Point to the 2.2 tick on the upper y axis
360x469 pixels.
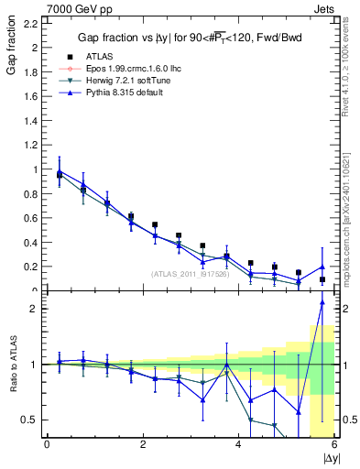pyautogui.click(x=29, y=22)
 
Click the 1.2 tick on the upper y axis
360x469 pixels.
pyautogui.click(x=29, y=145)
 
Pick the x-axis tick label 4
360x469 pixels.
pyautogui.click(x=238, y=445)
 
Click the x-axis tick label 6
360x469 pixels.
pyautogui.click(x=334, y=445)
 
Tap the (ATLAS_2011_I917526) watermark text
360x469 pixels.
pyautogui.click(x=190, y=274)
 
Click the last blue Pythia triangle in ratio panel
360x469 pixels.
pyautogui.click(x=322, y=302)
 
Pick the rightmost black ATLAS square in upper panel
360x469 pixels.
pyautogui.click(x=322, y=279)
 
